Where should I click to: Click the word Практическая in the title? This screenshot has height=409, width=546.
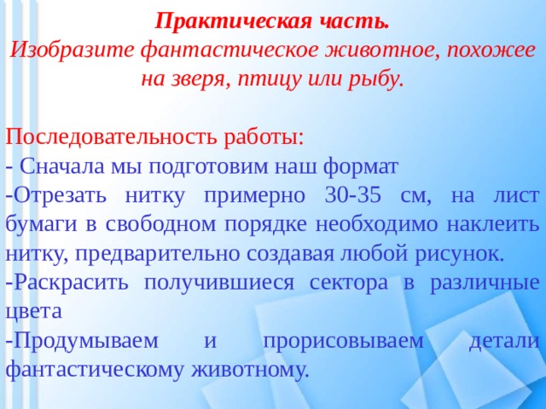[x=233, y=22]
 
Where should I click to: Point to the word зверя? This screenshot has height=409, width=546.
[x=200, y=79]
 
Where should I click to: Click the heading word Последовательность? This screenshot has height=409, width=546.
[x=111, y=137]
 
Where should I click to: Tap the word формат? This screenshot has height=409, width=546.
[x=361, y=167]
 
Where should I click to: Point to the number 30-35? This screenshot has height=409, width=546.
[x=352, y=196]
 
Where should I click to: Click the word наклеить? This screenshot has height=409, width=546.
[x=492, y=225]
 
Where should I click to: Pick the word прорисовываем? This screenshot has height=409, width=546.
[x=343, y=342]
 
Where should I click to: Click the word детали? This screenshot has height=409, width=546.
[x=504, y=342]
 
